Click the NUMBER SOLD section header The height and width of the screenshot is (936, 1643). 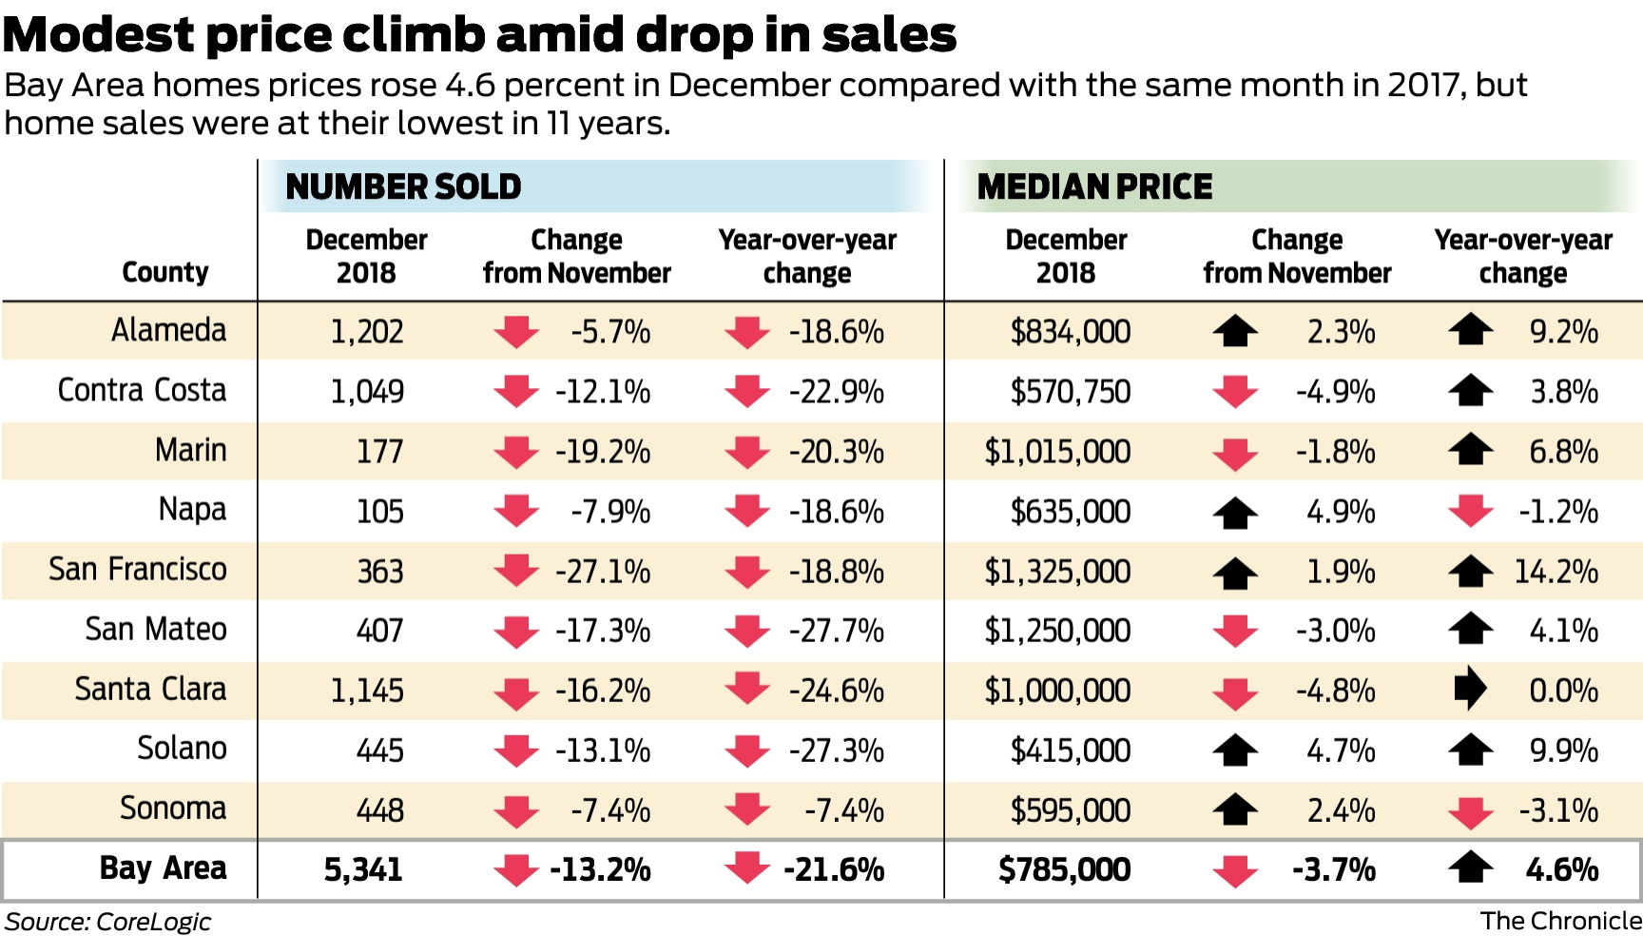pyautogui.click(x=403, y=186)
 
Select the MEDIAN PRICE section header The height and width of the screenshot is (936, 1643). pyautogui.click(x=1094, y=186)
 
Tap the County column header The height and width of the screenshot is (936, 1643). pyautogui.click(x=164, y=272)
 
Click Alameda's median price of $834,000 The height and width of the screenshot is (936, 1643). pyautogui.click(x=1070, y=332)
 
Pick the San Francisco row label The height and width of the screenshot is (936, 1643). pyautogui.click(x=138, y=570)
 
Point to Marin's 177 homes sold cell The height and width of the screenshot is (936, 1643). pyautogui.click(x=379, y=451)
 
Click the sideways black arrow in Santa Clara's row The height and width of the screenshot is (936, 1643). pyautogui.click(x=1470, y=688)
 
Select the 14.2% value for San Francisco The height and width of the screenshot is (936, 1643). pyautogui.click(x=1556, y=572)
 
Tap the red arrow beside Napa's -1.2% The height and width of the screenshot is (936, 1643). pyautogui.click(x=1470, y=511)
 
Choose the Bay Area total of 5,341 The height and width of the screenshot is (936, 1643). pyautogui.click(x=363, y=869)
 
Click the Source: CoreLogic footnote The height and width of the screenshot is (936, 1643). pyautogui.click(x=107, y=922)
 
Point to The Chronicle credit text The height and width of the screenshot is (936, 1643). pyautogui.click(x=1560, y=921)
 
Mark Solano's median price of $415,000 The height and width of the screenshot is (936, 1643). pyautogui.click(x=1070, y=751)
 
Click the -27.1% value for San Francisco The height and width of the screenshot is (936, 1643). pyautogui.click(x=603, y=572)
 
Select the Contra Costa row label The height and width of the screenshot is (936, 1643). pyautogui.click(x=142, y=390)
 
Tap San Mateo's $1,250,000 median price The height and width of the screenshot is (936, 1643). pyautogui.click(x=1057, y=631)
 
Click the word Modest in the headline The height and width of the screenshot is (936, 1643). pyautogui.click(x=99, y=35)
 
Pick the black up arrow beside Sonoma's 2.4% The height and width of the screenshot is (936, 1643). pyautogui.click(x=1235, y=809)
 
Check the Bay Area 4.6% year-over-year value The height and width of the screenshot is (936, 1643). pyautogui.click(x=1562, y=869)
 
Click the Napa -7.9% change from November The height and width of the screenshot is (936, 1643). pyautogui.click(x=610, y=512)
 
